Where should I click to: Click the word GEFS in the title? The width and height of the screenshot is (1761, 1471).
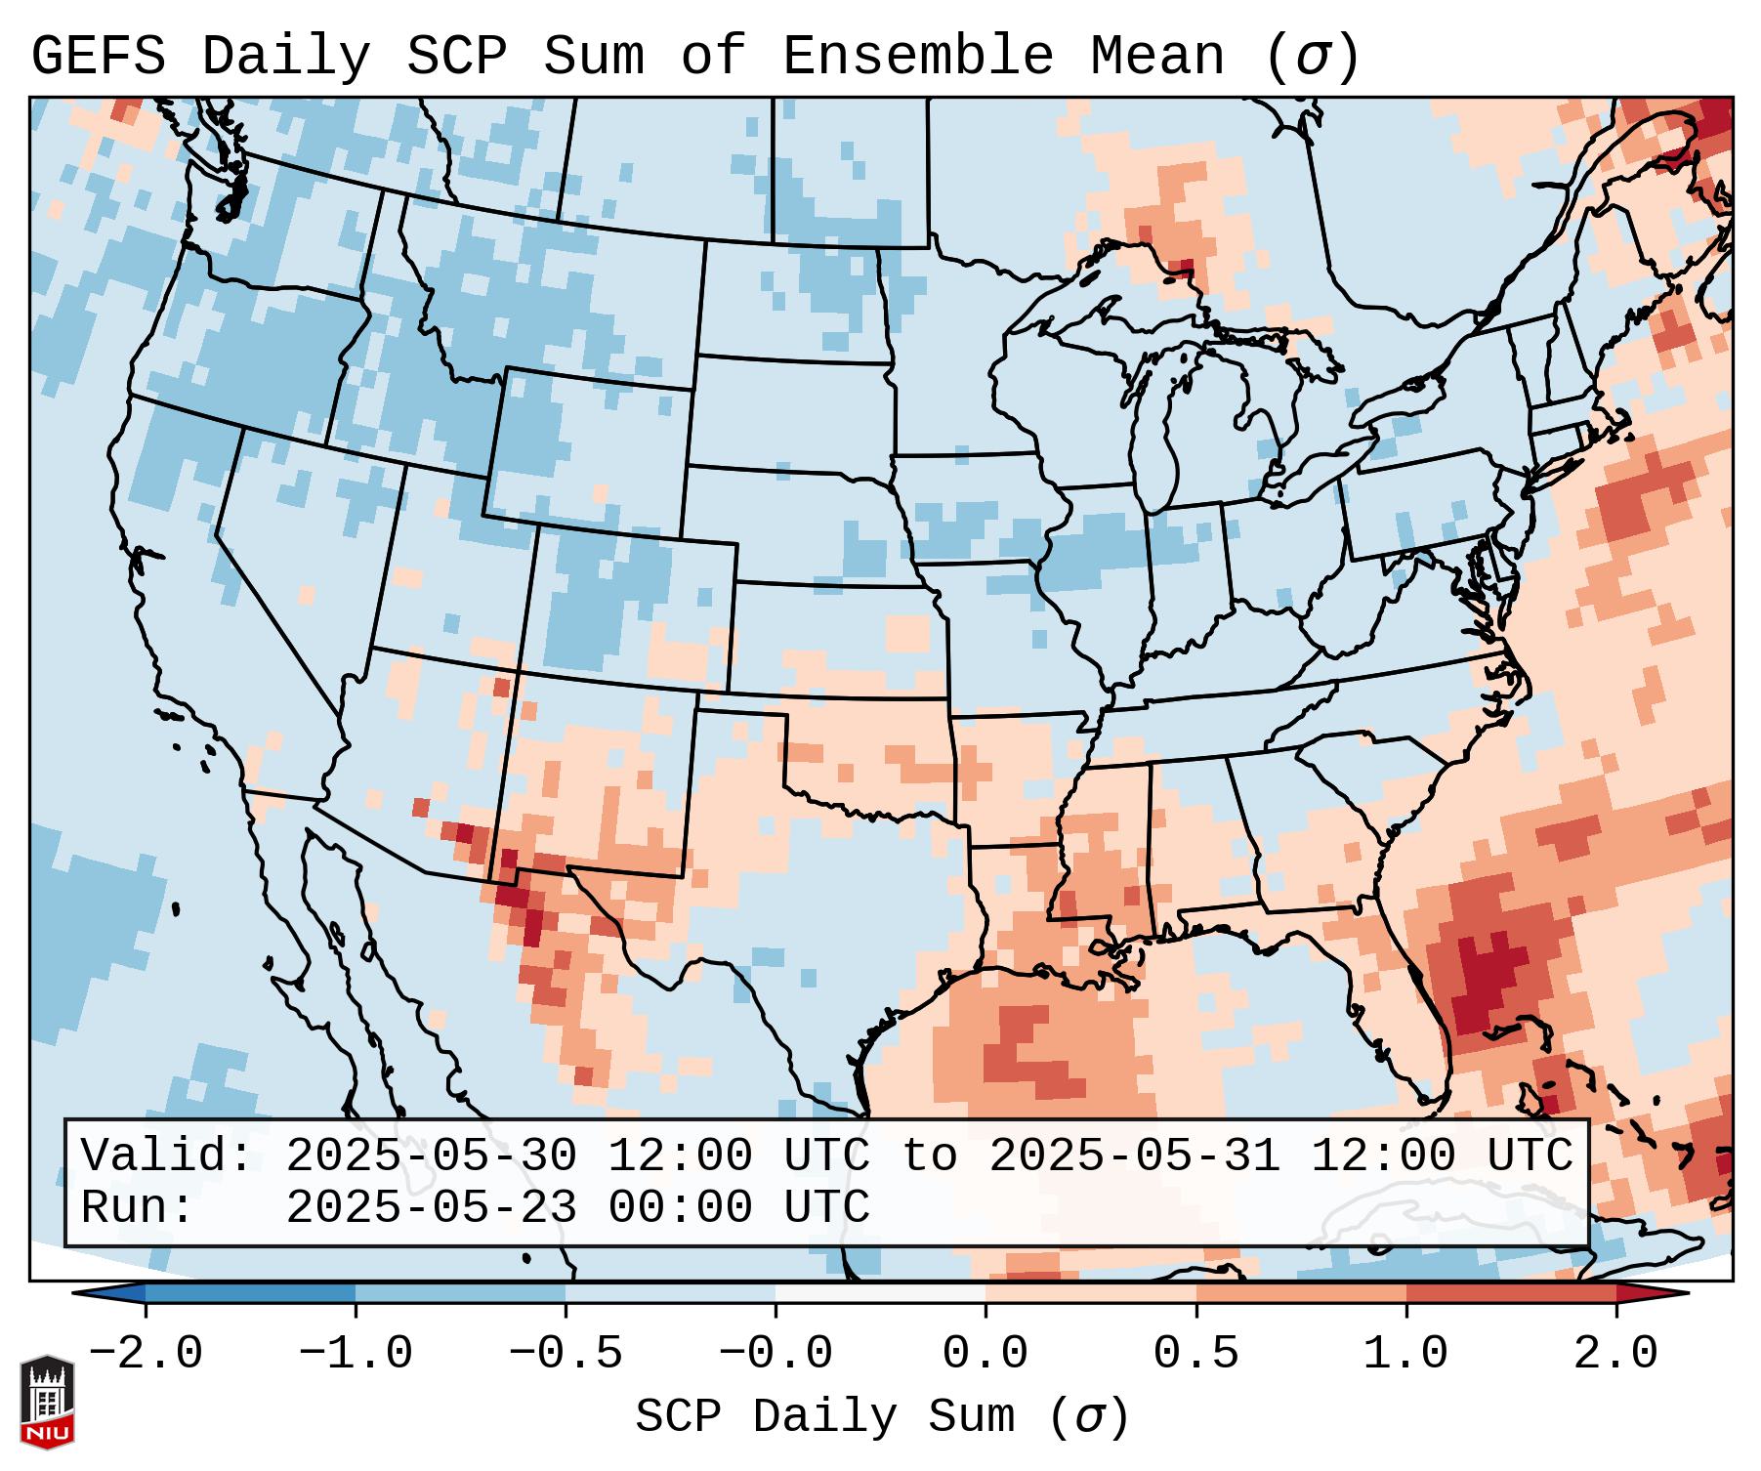pos(98,57)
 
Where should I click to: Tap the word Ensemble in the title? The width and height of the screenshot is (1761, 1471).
pos(917,57)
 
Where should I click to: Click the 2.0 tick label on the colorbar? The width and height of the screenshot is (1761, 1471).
pos(1615,1354)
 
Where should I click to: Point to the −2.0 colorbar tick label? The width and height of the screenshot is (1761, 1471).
pos(145,1354)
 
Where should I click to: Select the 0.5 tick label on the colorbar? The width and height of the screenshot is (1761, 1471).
pos(1195,1354)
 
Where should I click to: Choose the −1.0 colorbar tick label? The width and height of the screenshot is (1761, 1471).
pos(355,1354)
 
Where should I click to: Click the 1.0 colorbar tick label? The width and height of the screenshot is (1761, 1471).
pos(1405,1354)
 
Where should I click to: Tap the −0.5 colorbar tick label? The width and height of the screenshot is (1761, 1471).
pos(565,1354)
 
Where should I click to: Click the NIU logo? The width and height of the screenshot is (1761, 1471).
pos(47,1402)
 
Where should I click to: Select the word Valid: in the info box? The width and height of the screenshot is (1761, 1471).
pos(167,1156)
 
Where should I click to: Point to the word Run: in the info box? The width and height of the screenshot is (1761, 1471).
pos(138,1207)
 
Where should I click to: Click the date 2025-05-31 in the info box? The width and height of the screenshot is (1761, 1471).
pos(1134,1156)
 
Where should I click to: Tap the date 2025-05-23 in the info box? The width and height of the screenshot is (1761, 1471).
pos(431,1207)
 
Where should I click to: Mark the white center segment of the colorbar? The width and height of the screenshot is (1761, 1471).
pos(880,1293)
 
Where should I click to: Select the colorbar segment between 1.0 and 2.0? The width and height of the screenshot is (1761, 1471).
pos(1511,1293)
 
